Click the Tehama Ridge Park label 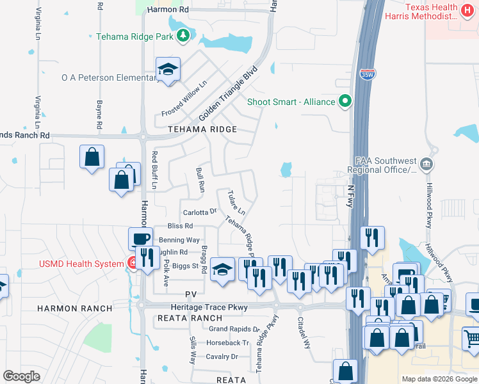134,36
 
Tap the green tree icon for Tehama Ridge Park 184,36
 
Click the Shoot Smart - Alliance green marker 346,101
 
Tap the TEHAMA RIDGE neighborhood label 202,129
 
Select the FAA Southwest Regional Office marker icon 426,165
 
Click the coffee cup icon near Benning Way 141,239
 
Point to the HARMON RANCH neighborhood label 74,308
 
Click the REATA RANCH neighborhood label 190,318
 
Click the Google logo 22,376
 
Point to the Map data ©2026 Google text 439,379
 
